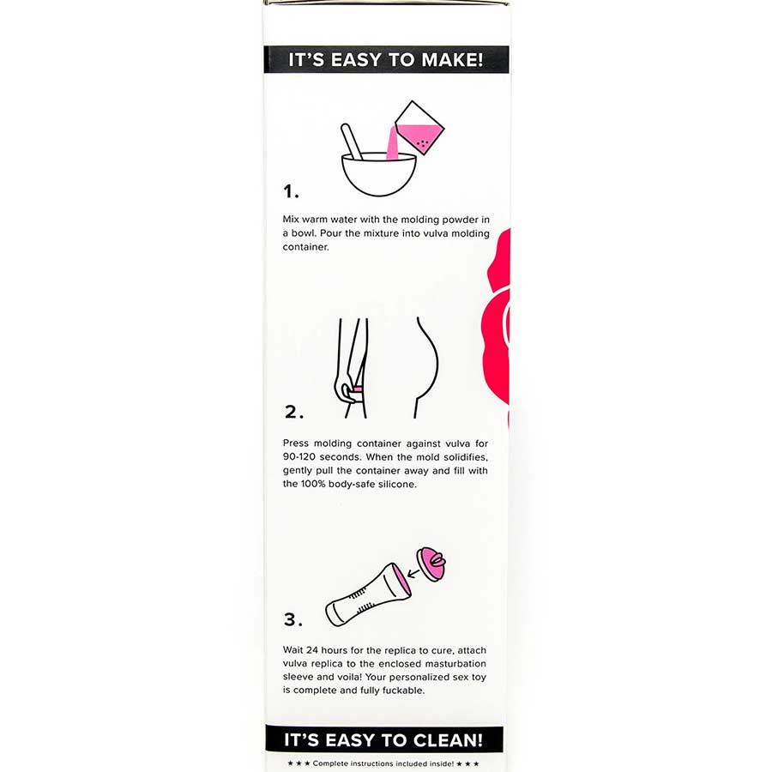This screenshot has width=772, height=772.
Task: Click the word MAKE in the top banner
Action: coord(450,61)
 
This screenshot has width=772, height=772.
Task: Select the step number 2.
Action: coord(293,411)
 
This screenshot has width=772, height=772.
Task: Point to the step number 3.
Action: coord(293,618)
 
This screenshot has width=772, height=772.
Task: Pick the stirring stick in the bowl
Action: coord(351,141)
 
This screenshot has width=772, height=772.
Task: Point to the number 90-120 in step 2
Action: coord(301,457)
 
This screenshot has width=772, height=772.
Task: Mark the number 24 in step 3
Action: coord(318,650)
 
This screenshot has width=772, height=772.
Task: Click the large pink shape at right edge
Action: coord(498,326)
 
